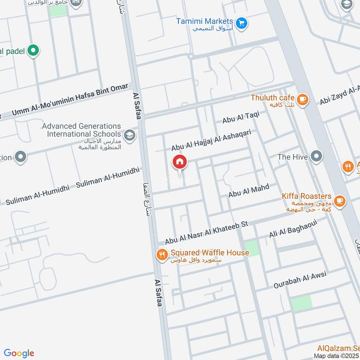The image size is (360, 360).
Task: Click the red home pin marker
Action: point(180,162)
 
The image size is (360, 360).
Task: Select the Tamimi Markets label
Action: point(205,22)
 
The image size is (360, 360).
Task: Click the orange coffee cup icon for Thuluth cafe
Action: point(302,99)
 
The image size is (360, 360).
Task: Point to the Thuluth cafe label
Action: point(272,98)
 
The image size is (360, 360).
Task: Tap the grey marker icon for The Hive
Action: point(317,157)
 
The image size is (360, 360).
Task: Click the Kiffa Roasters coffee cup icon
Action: point(340,200)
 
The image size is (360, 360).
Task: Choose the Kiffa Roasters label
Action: point(307,197)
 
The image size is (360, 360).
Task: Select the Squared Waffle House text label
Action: point(209,253)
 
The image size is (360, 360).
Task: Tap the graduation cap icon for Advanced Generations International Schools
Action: point(130,135)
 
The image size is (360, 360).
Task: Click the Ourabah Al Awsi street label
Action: point(299,279)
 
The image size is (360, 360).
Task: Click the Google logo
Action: point(19,353)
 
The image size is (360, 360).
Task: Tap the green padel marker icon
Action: point(33,51)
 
